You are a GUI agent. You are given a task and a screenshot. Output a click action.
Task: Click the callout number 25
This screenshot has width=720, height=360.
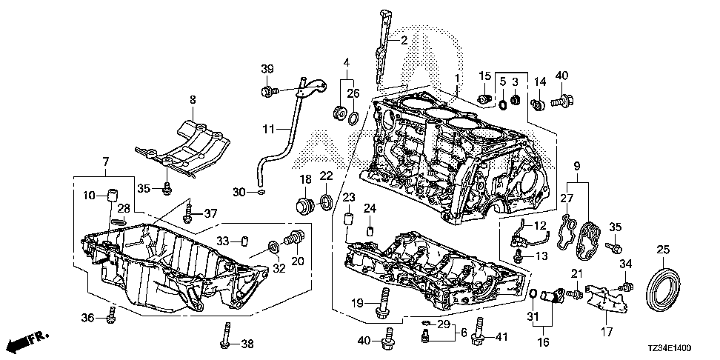(662, 250)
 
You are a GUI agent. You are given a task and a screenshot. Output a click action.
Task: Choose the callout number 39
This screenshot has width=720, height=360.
(267, 69)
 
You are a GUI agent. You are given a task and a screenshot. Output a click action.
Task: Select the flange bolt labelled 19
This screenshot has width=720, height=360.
(385, 304)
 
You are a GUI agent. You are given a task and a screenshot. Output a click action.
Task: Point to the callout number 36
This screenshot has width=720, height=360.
(87, 318)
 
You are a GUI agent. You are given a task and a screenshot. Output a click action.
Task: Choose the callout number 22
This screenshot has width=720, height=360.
(327, 175)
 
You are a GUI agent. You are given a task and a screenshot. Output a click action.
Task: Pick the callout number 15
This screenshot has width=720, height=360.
(484, 76)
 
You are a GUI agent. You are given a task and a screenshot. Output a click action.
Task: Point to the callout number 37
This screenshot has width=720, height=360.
(211, 214)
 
